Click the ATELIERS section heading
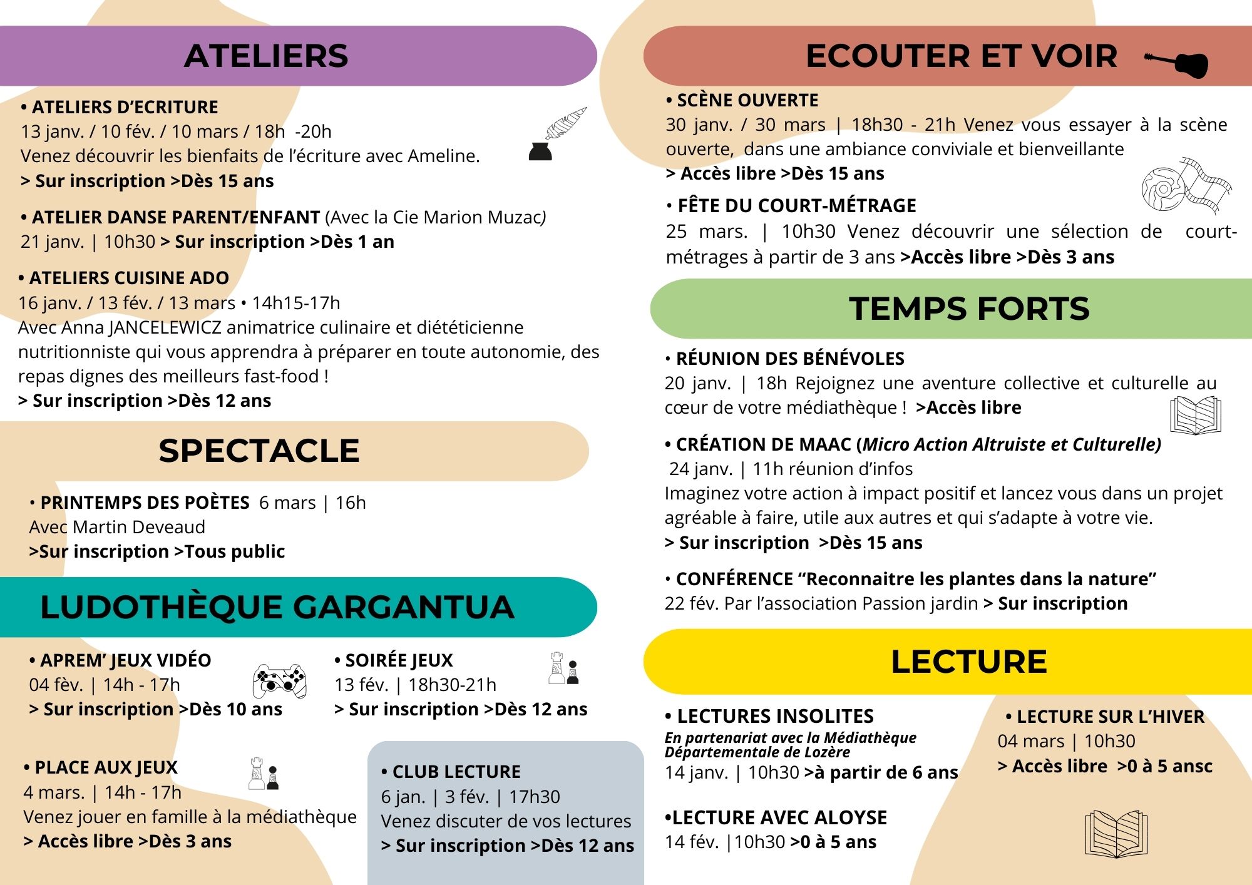pyautogui.click(x=266, y=56)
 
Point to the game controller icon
pyautogui.click(x=279, y=681)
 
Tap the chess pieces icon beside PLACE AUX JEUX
pyautogui.click(x=264, y=774)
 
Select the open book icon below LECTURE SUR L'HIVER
pyautogui.click(x=1116, y=833)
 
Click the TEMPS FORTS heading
pyautogui.click(x=969, y=309)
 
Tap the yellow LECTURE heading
pyautogui.click(x=968, y=662)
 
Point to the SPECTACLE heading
pyautogui.click(x=259, y=451)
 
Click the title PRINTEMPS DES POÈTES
pyautogui.click(x=145, y=503)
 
